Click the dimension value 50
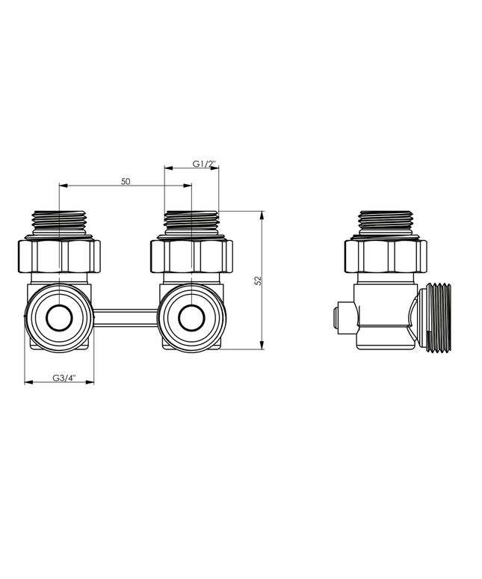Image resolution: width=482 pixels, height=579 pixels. [125, 181]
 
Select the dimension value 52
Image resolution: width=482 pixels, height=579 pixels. [258, 280]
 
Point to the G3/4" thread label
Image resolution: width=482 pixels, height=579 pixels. [63, 378]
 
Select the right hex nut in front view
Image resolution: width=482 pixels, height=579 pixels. [192, 256]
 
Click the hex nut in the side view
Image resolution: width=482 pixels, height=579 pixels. [386, 256]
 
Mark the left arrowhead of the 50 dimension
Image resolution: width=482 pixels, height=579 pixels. [62, 186]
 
